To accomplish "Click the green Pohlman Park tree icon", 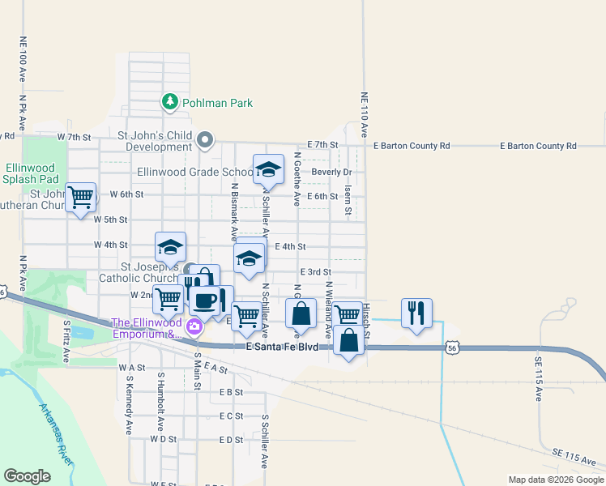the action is click(169, 102).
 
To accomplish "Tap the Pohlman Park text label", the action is click(217, 103).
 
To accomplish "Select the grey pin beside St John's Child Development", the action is click(206, 141).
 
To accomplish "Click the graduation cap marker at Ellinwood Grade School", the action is click(268, 170).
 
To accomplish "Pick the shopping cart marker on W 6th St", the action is click(80, 197).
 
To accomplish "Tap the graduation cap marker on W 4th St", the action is click(170, 247).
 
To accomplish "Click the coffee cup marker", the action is click(204, 301).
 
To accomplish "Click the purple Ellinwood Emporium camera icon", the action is click(194, 327).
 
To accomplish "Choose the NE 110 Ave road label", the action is click(364, 116).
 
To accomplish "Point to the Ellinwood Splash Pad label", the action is click(32, 173).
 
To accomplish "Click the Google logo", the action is click(28, 476).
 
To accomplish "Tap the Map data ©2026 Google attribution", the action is click(555, 480).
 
